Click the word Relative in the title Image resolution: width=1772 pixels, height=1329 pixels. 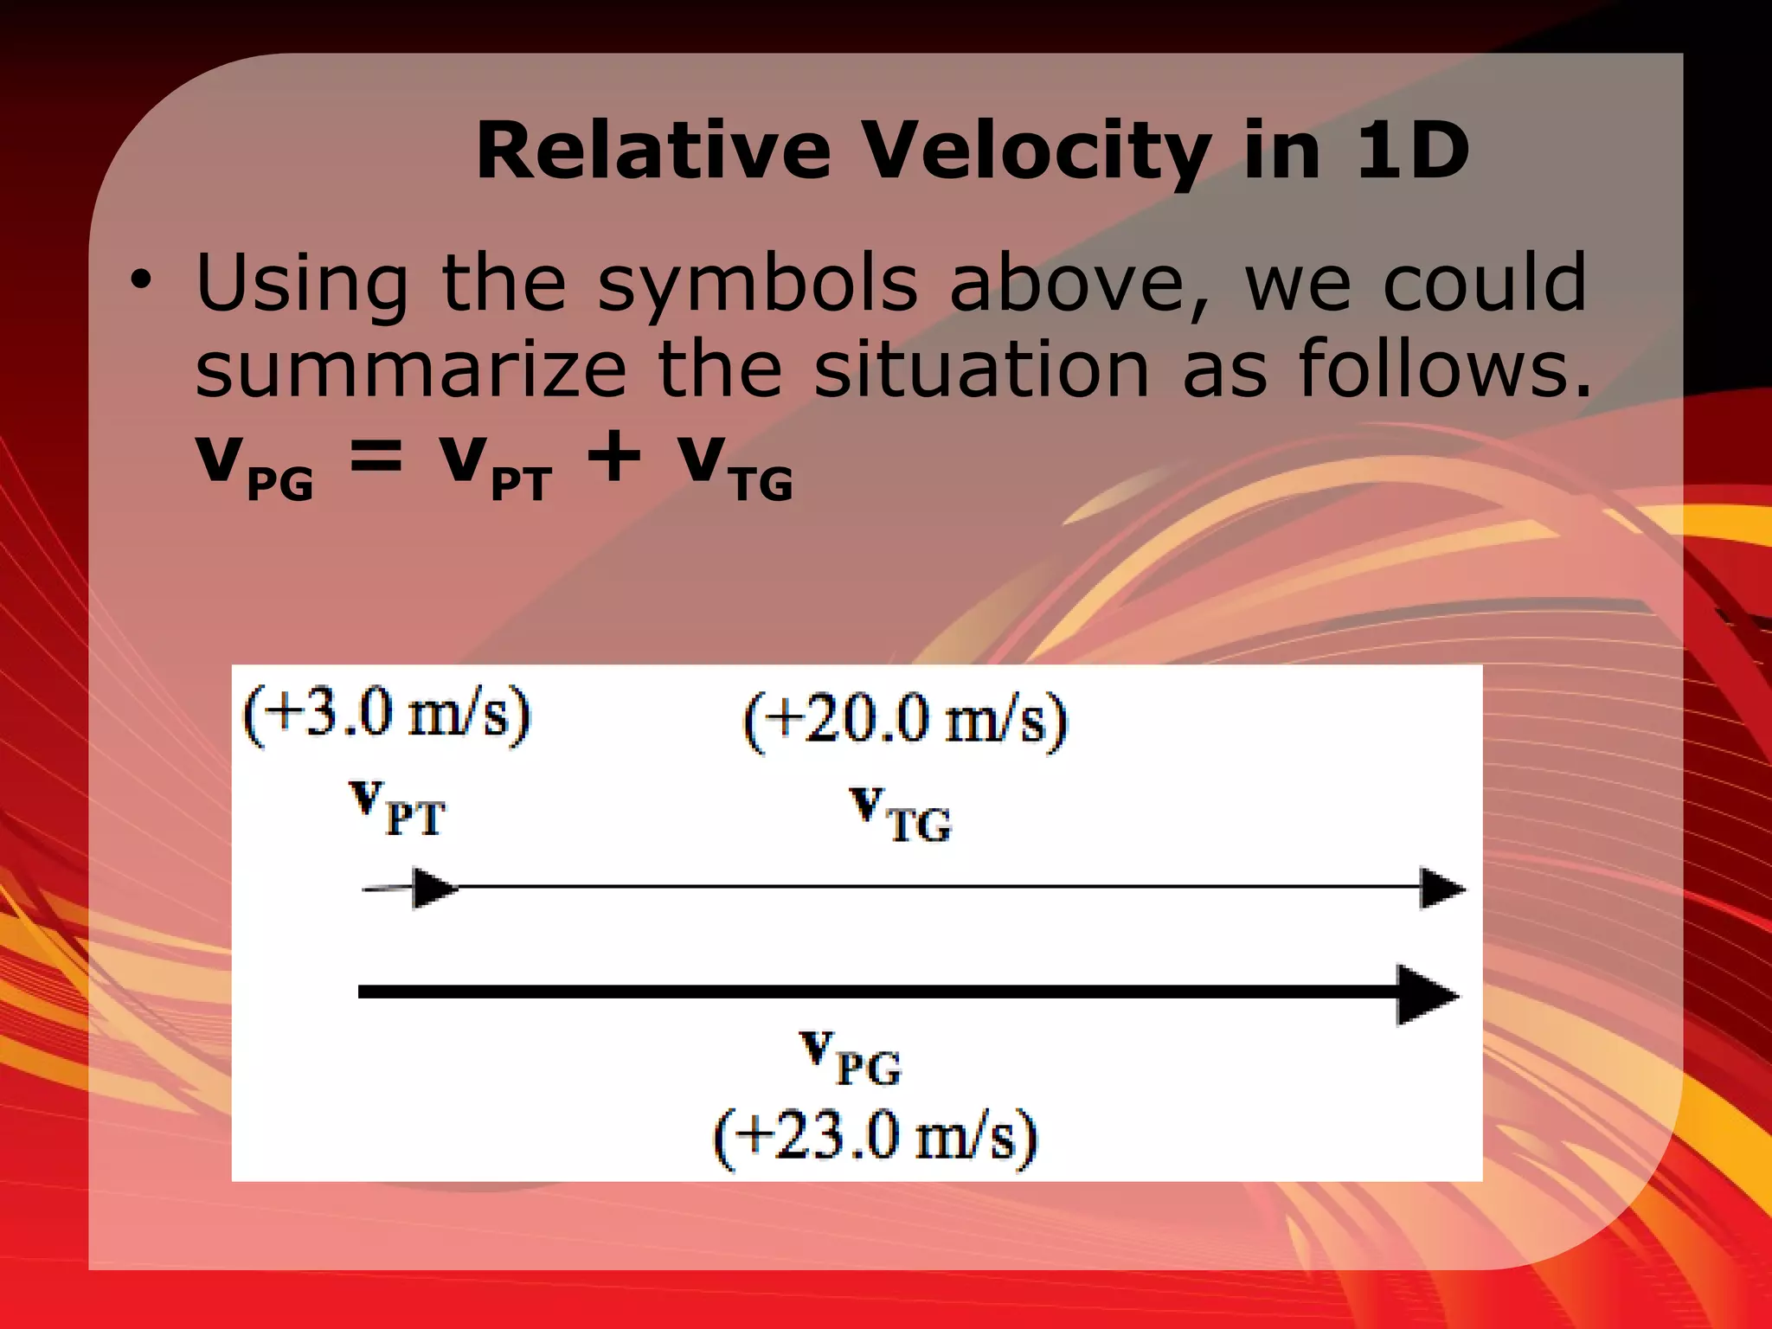(x=653, y=151)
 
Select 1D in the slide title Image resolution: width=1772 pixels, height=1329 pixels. (x=1412, y=151)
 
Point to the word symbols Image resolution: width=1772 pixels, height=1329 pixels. (x=758, y=285)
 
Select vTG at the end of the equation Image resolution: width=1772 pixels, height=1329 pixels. (x=735, y=467)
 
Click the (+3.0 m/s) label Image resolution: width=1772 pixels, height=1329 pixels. (x=386, y=716)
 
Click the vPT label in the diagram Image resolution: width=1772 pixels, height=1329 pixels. (x=398, y=808)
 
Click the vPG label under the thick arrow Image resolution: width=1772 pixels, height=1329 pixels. (x=850, y=1057)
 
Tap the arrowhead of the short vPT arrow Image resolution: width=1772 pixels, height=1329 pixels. (x=435, y=889)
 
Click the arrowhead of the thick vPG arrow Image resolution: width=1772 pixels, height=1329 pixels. (x=1426, y=995)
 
